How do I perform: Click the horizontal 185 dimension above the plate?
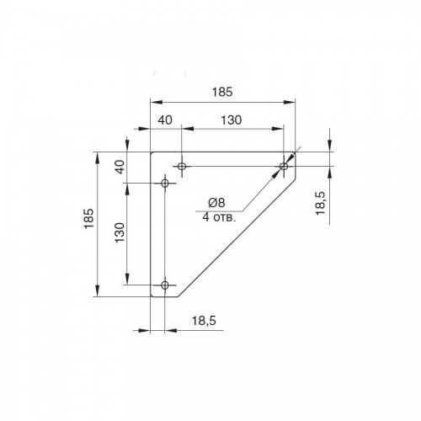pos(222,92)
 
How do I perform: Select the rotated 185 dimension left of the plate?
pos(89,218)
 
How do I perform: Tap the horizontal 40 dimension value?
pos(165,120)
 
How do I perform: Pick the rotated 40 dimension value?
pos(120,167)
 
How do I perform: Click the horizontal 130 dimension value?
pos(231,120)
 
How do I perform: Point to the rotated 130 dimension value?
pos(120,232)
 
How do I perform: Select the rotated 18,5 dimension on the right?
pos(321,203)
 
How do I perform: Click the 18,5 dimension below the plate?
pos(204,320)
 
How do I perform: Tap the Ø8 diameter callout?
pos(216,202)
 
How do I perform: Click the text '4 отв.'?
pos(219,217)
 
